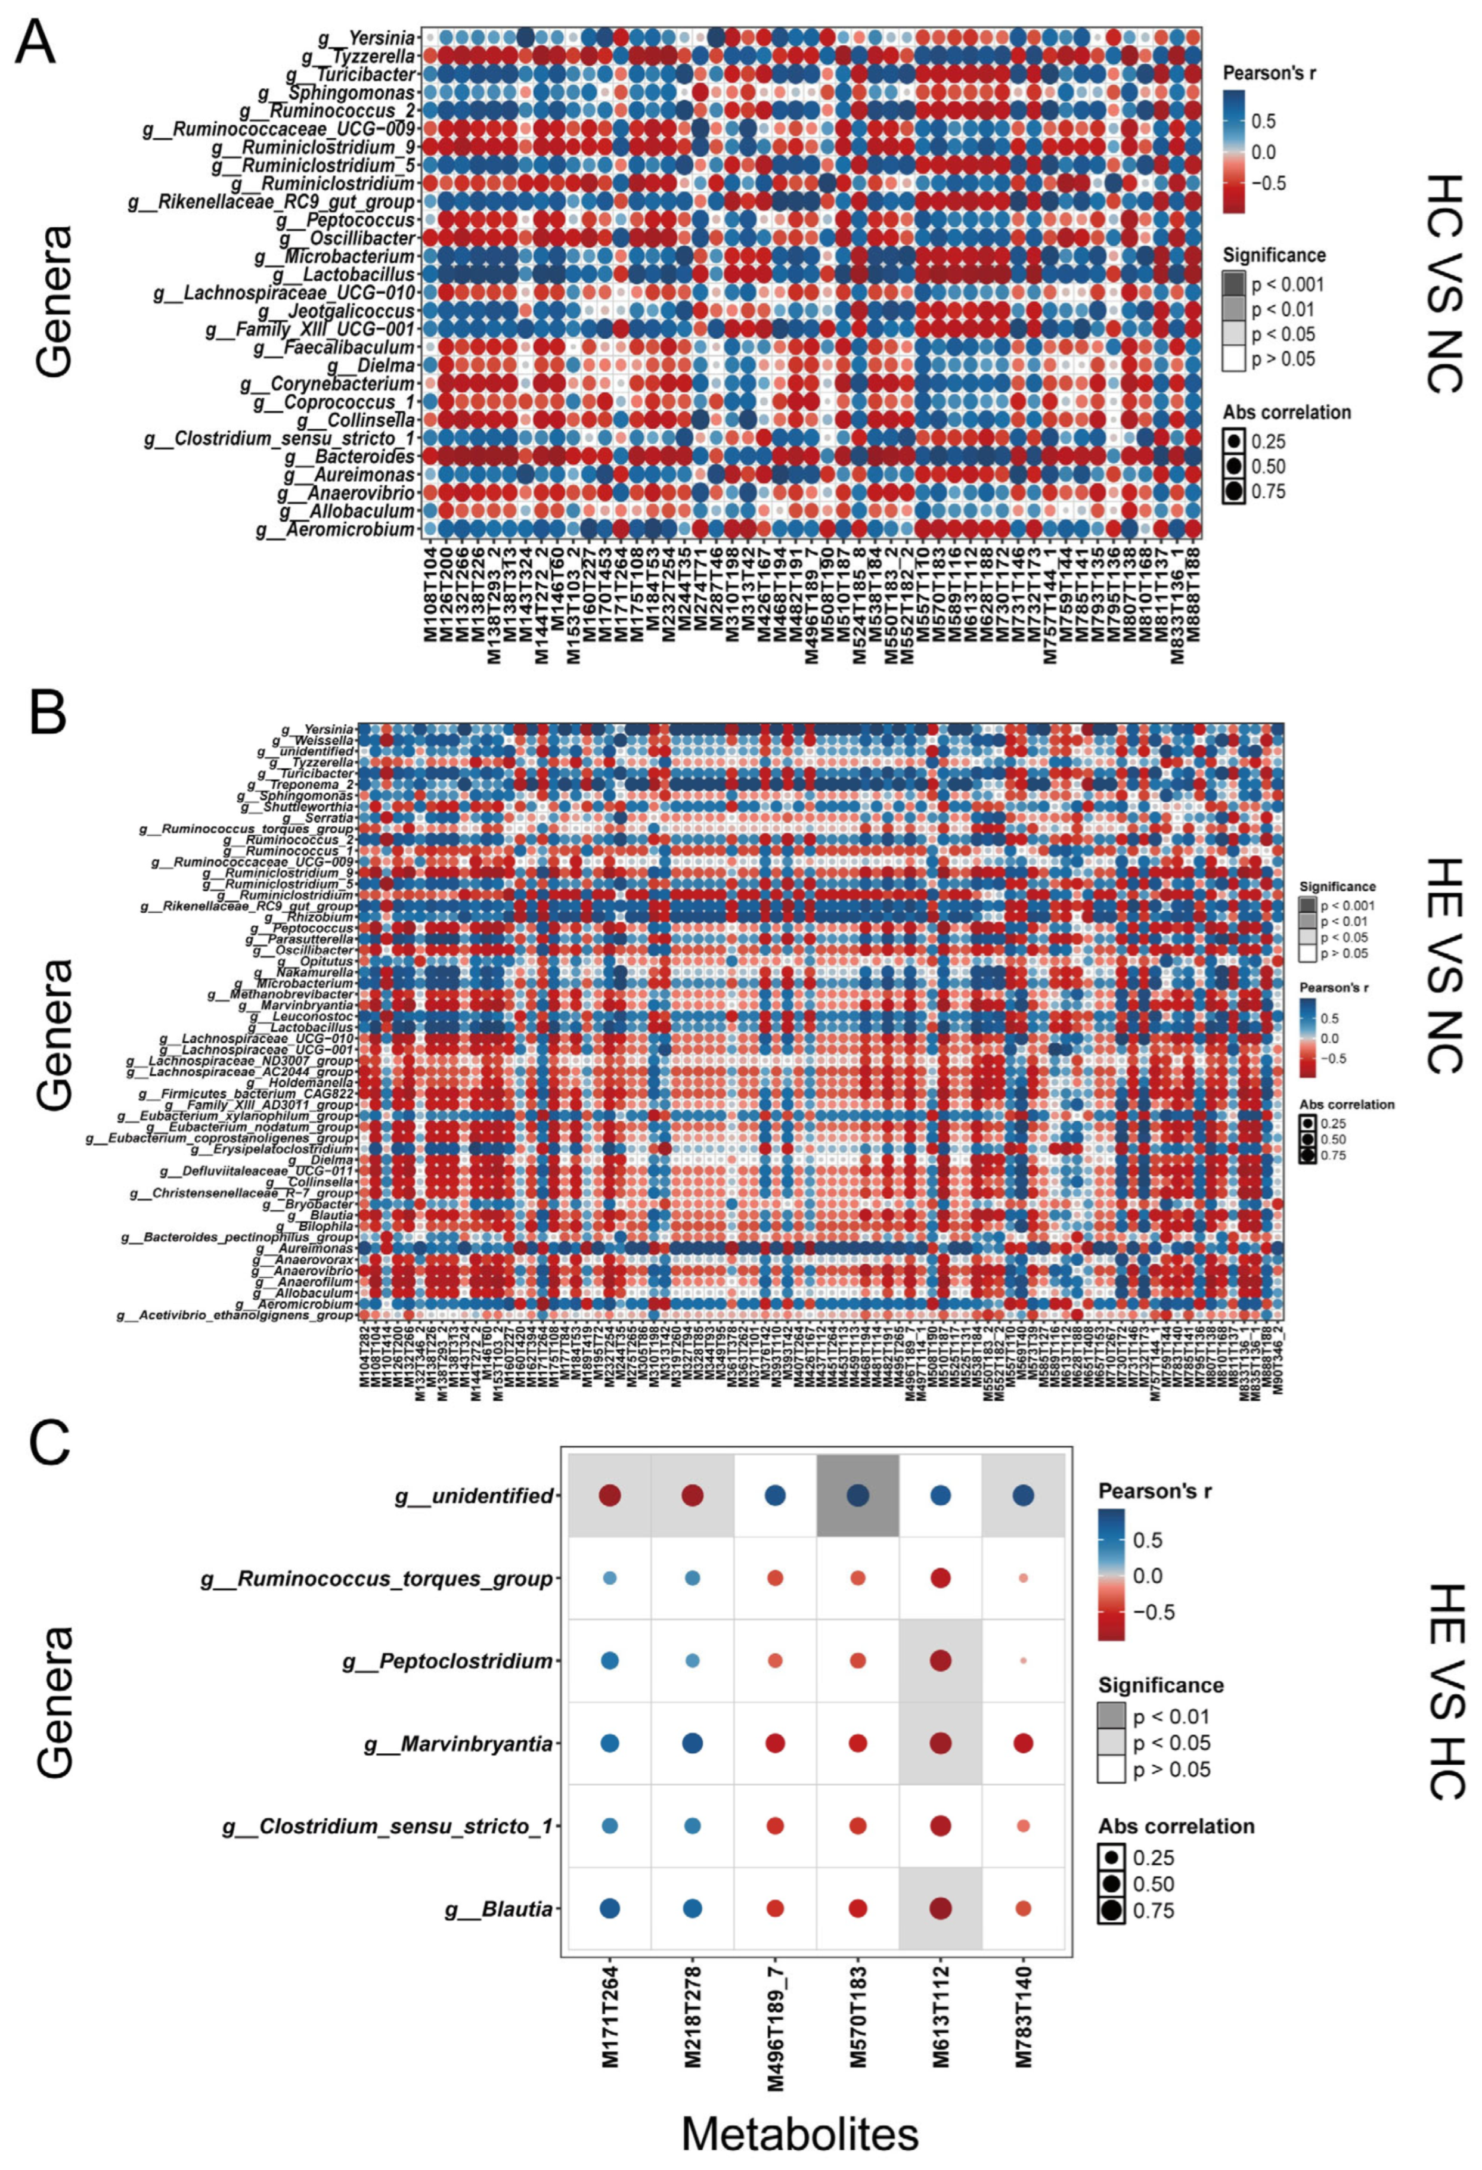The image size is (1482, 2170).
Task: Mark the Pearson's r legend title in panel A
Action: (1269, 73)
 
